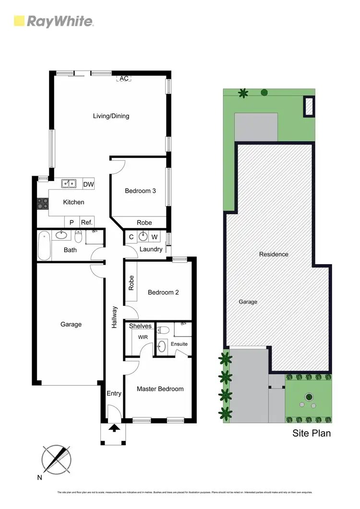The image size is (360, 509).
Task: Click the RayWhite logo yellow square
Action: (x=19, y=21)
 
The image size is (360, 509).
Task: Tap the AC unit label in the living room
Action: (x=124, y=78)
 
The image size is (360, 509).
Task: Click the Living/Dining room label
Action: (x=111, y=116)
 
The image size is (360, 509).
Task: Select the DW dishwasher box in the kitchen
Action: (x=88, y=184)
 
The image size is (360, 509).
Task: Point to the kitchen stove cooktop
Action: (x=42, y=203)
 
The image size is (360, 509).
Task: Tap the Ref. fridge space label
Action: (x=86, y=222)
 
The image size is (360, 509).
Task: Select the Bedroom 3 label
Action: (x=140, y=191)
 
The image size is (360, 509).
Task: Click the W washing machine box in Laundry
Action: (x=154, y=237)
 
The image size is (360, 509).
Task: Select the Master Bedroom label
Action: (x=160, y=388)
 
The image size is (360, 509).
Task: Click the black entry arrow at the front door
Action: (x=114, y=428)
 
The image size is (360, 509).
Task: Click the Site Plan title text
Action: (x=312, y=433)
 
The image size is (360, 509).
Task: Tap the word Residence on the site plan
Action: (x=274, y=254)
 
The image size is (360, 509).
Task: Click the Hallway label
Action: (x=114, y=317)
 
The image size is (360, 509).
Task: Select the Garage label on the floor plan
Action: (x=71, y=324)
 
